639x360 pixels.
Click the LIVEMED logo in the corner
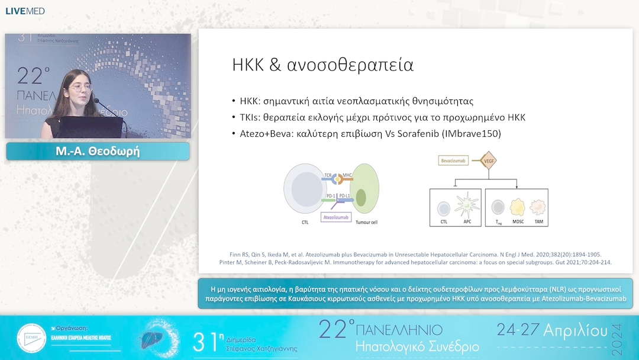coord(25,11)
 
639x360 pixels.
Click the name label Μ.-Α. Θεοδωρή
coord(98,152)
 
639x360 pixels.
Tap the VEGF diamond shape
coord(488,160)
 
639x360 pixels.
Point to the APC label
coord(468,221)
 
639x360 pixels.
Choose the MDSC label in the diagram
coord(518,221)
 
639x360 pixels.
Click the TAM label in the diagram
coord(538,221)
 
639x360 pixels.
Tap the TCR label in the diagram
coord(328,176)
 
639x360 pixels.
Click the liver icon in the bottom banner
coord(152,339)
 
